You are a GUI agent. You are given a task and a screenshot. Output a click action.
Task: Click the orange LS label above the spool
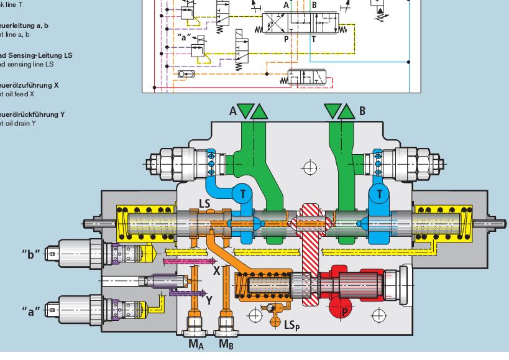tap(205, 203)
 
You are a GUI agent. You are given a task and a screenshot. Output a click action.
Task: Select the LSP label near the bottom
tap(293, 325)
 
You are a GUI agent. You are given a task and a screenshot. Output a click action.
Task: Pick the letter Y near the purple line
tap(209, 300)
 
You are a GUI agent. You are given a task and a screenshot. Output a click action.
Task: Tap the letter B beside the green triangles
tap(362, 112)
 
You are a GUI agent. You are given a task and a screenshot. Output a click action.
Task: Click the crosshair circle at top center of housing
tap(309, 166)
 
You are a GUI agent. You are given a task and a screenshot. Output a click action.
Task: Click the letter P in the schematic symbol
tap(287, 38)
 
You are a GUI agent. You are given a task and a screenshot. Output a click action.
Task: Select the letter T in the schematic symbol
tap(313, 38)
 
